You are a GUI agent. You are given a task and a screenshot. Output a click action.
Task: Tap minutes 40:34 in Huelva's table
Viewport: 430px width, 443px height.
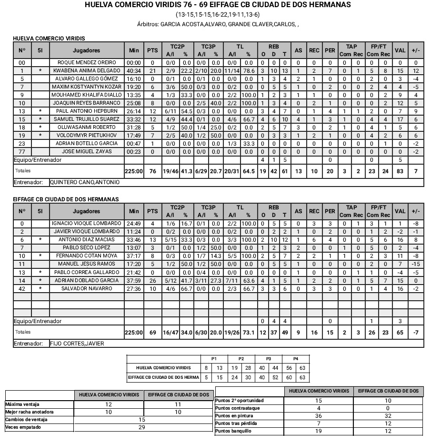point(133,71)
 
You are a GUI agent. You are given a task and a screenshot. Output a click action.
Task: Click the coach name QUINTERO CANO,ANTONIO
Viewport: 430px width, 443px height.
point(85,182)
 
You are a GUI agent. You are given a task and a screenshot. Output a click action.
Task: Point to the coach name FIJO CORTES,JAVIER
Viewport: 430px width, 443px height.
point(77,344)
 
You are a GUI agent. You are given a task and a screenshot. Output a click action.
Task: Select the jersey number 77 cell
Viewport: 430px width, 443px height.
point(21,151)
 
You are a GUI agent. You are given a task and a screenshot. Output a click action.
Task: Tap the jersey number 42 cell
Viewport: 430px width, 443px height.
point(21,289)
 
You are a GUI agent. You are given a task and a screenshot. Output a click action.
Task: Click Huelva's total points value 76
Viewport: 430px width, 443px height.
point(152,171)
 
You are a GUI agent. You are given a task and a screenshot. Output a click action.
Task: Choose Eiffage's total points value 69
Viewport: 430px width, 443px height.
point(152,332)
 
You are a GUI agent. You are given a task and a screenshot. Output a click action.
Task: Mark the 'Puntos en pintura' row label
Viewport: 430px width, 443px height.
point(234,416)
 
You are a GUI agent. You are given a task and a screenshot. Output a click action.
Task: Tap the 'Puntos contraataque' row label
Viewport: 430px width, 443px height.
point(236,408)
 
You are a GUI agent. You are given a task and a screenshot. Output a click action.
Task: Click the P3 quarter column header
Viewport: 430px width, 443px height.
point(268,359)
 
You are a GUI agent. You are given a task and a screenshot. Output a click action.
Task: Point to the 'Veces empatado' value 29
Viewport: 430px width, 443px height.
point(141,427)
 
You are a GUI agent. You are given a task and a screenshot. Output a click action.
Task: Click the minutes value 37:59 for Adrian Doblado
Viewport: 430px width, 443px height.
point(133,281)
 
